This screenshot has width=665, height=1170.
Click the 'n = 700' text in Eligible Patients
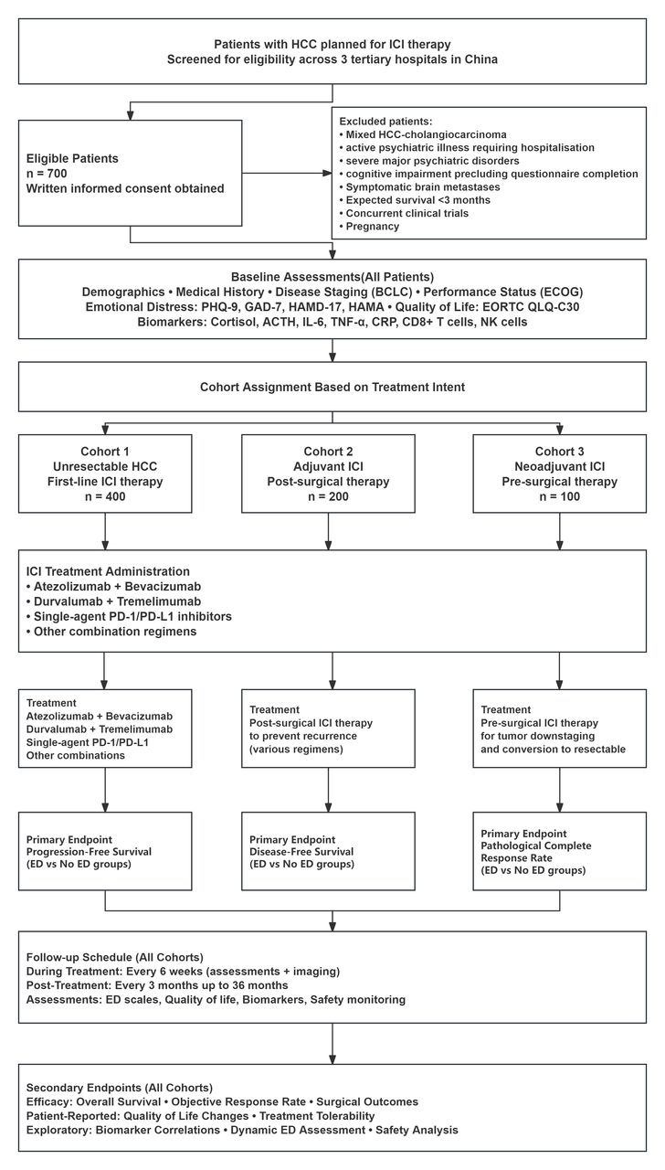click(x=47, y=174)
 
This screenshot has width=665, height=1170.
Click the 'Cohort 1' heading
click(x=105, y=452)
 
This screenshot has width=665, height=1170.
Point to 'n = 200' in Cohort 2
click(x=328, y=496)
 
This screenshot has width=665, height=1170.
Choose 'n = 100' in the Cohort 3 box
click(x=560, y=496)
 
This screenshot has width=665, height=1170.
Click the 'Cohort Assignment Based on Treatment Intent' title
click(x=332, y=387)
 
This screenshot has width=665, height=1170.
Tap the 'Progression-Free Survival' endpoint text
click(x=89, y=851)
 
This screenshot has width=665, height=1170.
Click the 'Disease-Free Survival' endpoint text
click(x=301, y=851)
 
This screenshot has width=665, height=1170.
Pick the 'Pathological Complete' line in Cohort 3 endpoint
click(x=536, y=846)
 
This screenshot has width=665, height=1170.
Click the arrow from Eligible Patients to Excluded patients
click(x=287, y=174)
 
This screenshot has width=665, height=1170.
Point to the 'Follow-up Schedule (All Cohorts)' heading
click(x=115, y=957)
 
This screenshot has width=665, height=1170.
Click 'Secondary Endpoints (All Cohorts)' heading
click(x=120, y=1088)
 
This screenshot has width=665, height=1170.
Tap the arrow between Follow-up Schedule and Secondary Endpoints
click(x=332, y=1044)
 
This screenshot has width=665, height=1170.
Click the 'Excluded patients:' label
click(x=385, y=122)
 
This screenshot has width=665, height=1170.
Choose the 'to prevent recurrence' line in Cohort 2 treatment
click(x=303, y=736)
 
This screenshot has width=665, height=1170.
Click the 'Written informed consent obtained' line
click(x=125, y=188)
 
